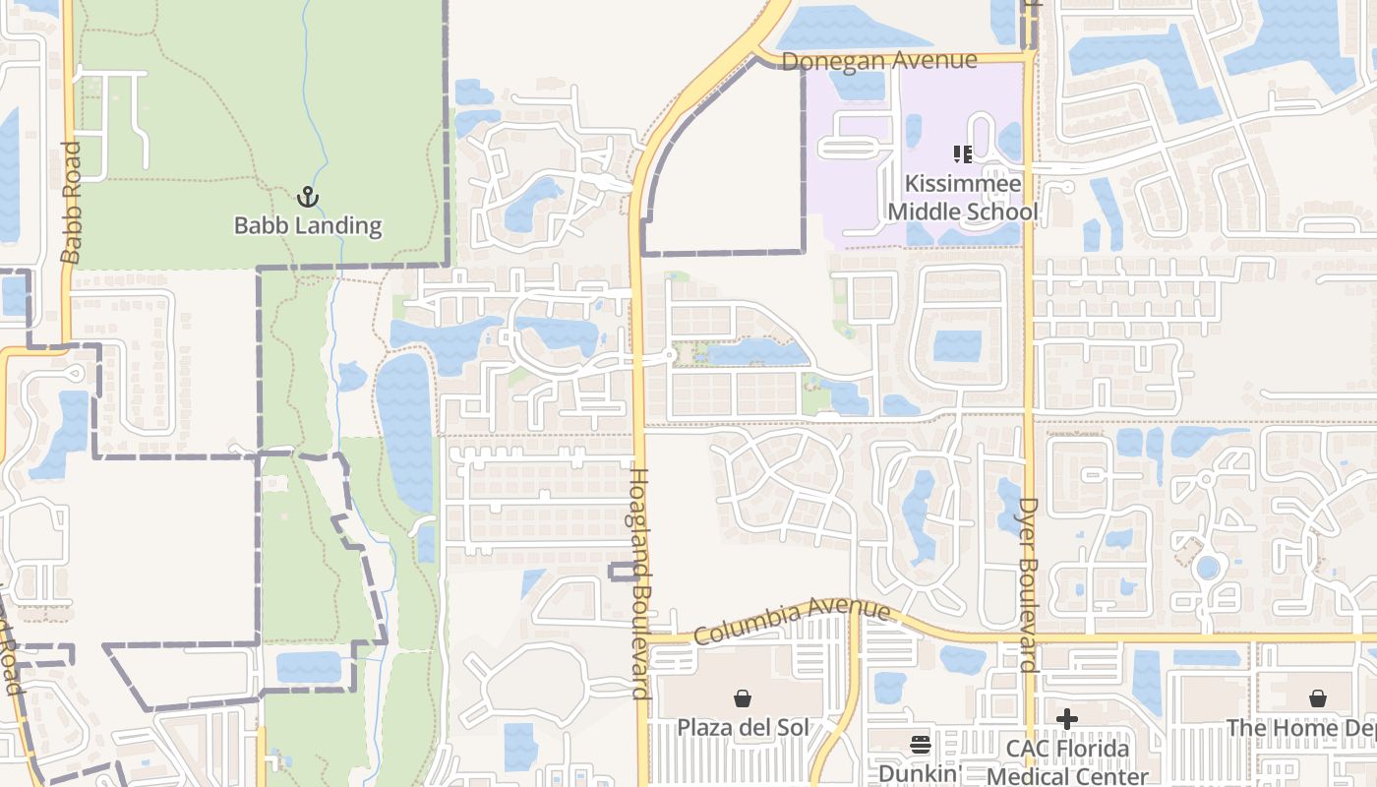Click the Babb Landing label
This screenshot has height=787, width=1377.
pyautogui.click(x=307, y=225)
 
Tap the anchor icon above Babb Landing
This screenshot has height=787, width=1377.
pyautogui.click(x=308, y=198)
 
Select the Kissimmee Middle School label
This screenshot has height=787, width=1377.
pyautogui.click(x=963, y=198)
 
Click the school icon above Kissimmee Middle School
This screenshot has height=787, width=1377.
pyautogui.click(x=963, y=154)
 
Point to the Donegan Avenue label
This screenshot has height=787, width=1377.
pyautogui.click(x=879, y=61)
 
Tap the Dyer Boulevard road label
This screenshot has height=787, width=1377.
pyautogui.click(x=1028, y=585)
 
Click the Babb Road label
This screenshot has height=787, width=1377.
pyautogui.click(x=70, y=203)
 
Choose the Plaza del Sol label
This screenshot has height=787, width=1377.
pyautogui.click(x=743, y=728)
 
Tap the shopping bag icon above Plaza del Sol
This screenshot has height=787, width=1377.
pyautogui.click(x=743, y=699)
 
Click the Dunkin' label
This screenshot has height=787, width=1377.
pyautogui.click(x=918, y=773)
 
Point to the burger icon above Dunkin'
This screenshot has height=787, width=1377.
pyautogui.click(x=920, y=745)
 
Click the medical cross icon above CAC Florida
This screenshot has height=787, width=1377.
pyautogui.click(x=1067, y=720)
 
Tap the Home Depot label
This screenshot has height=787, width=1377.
pyautogui.click(x=1300, y=728)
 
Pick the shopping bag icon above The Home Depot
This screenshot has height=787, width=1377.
pyautogui.click(x=1318, y=698)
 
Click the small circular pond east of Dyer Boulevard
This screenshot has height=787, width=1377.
pyautogui.click(x=1207, y=568)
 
